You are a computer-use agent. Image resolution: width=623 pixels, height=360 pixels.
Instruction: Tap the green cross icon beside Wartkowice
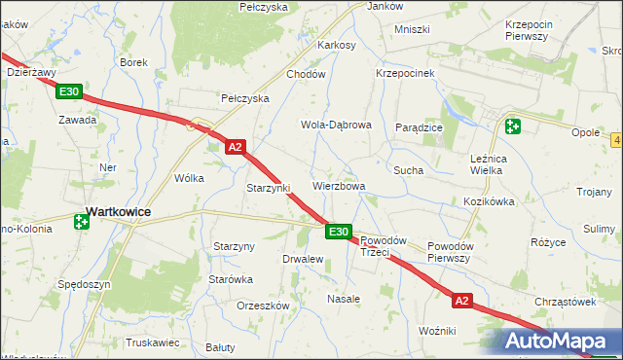click(81, 222)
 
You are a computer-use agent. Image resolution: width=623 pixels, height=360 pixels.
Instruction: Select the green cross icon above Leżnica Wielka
click(512, 126)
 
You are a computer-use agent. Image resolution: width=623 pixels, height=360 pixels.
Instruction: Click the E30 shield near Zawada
click(69, 92)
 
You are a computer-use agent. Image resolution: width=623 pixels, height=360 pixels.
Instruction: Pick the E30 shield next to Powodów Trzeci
click(338, 232)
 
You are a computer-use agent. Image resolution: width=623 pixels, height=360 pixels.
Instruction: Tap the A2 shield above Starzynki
click(235, 147)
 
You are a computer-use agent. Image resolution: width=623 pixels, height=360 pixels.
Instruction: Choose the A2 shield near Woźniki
click(461, 302)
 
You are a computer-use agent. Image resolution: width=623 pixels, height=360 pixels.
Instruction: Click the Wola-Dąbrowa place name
click(336, 126)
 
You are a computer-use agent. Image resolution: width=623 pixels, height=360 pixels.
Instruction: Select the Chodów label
click(304, 74)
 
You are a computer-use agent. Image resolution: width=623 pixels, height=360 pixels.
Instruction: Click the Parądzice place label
click(420, 127)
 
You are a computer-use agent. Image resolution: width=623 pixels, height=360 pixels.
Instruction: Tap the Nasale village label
click(344, 299)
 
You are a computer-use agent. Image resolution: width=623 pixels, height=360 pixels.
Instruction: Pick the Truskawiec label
click(153, 342)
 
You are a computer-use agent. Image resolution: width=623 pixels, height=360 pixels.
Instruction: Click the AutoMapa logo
click(559, 342)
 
